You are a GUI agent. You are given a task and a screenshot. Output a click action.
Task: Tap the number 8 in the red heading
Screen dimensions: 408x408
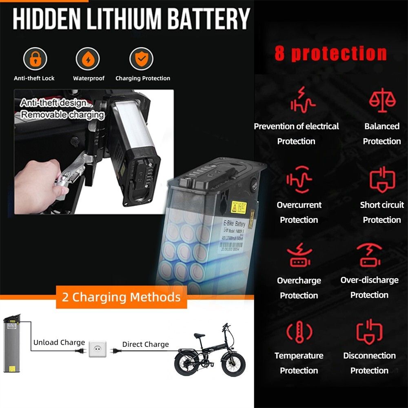[280, 53]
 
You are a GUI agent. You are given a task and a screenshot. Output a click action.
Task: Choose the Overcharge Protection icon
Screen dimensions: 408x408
[299, 256]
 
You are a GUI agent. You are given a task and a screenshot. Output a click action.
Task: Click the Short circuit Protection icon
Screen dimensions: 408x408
[382, 179]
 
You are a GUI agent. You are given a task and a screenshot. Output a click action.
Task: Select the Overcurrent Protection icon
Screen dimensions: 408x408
[299, 179]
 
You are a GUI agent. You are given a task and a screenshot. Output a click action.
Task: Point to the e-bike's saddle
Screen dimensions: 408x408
[200, 335]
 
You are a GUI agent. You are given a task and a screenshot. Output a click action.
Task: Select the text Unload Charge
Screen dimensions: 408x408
[59, 342]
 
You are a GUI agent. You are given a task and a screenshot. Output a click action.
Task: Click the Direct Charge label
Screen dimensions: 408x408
[145, 344]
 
